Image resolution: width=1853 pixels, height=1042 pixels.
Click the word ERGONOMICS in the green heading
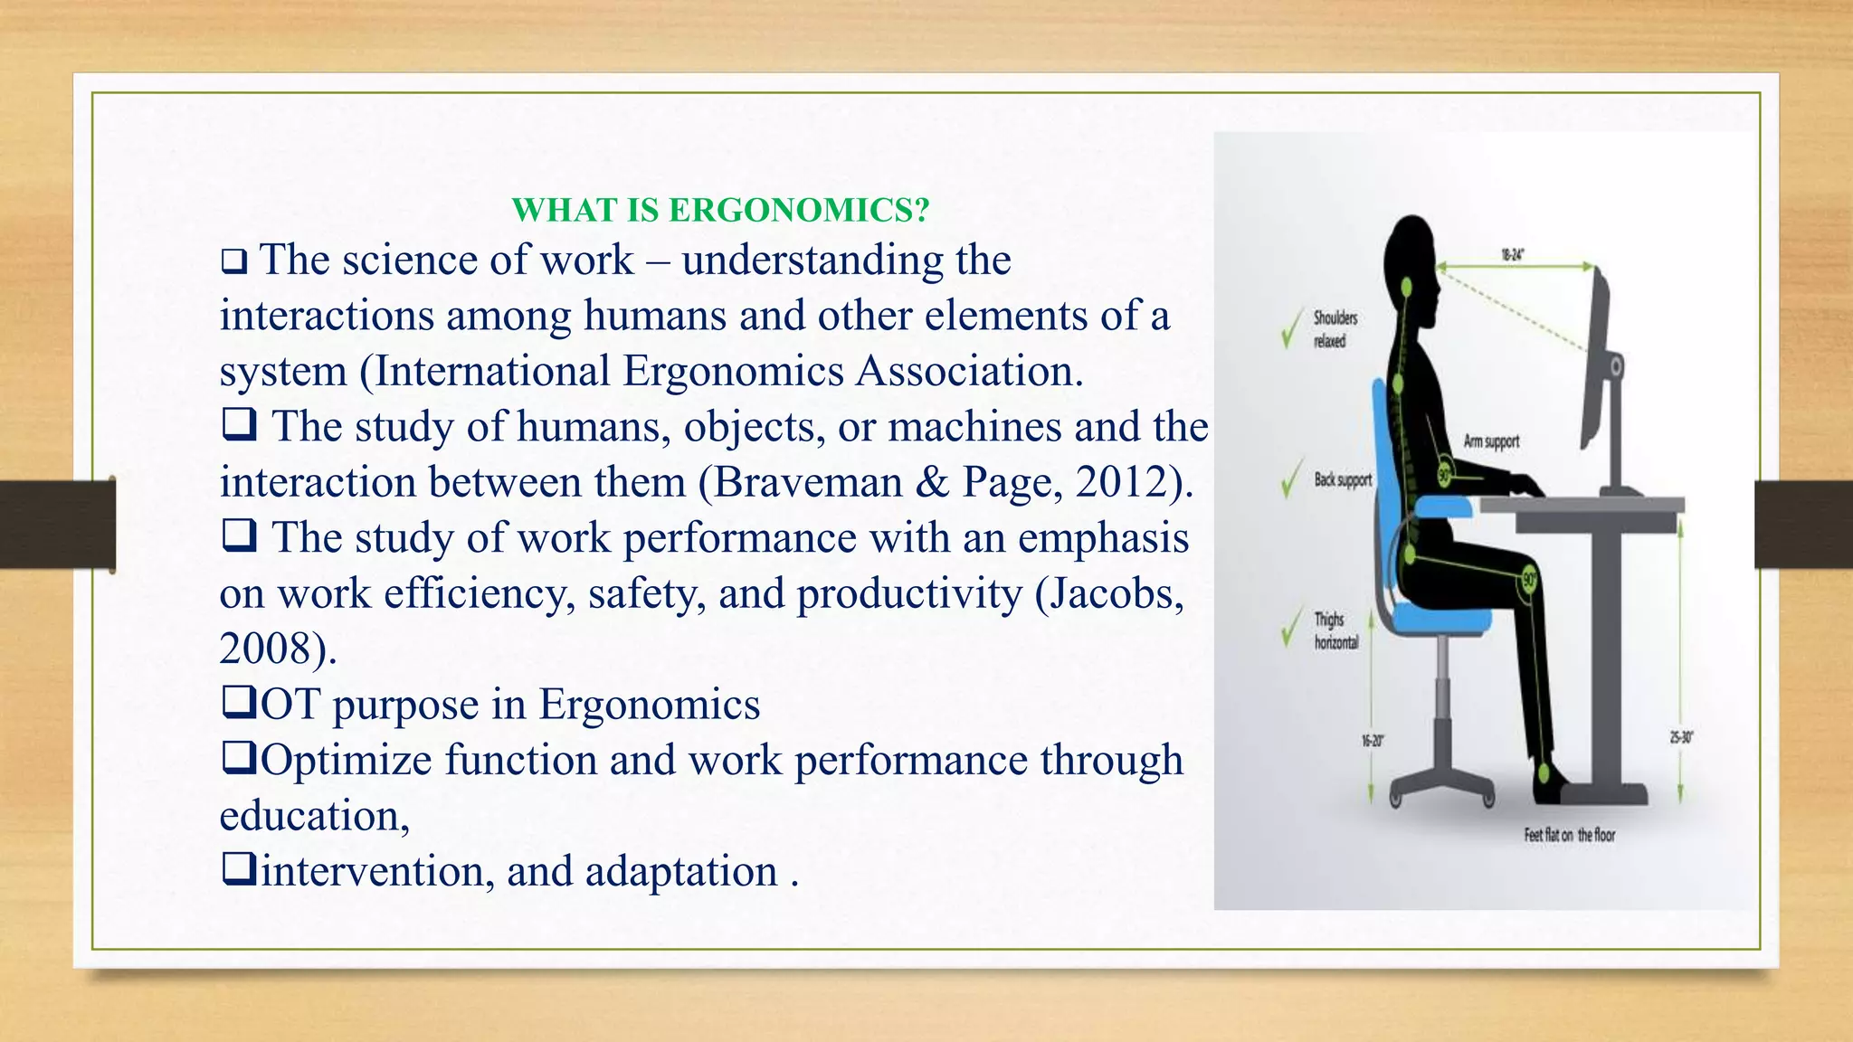799,210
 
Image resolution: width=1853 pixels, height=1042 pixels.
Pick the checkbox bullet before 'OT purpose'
239,703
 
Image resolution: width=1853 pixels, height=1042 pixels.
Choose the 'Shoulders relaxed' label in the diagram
1335,329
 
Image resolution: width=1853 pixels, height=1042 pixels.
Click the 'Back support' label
1343,480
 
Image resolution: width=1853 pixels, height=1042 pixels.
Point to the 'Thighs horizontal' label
1335,630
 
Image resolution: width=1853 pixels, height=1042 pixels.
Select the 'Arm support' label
1491,441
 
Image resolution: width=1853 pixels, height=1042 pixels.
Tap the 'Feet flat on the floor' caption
1569,835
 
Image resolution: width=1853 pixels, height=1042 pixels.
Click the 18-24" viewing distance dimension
1512,255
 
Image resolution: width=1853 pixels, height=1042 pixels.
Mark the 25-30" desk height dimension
1681,737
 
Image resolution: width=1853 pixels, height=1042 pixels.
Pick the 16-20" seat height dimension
1373,741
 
